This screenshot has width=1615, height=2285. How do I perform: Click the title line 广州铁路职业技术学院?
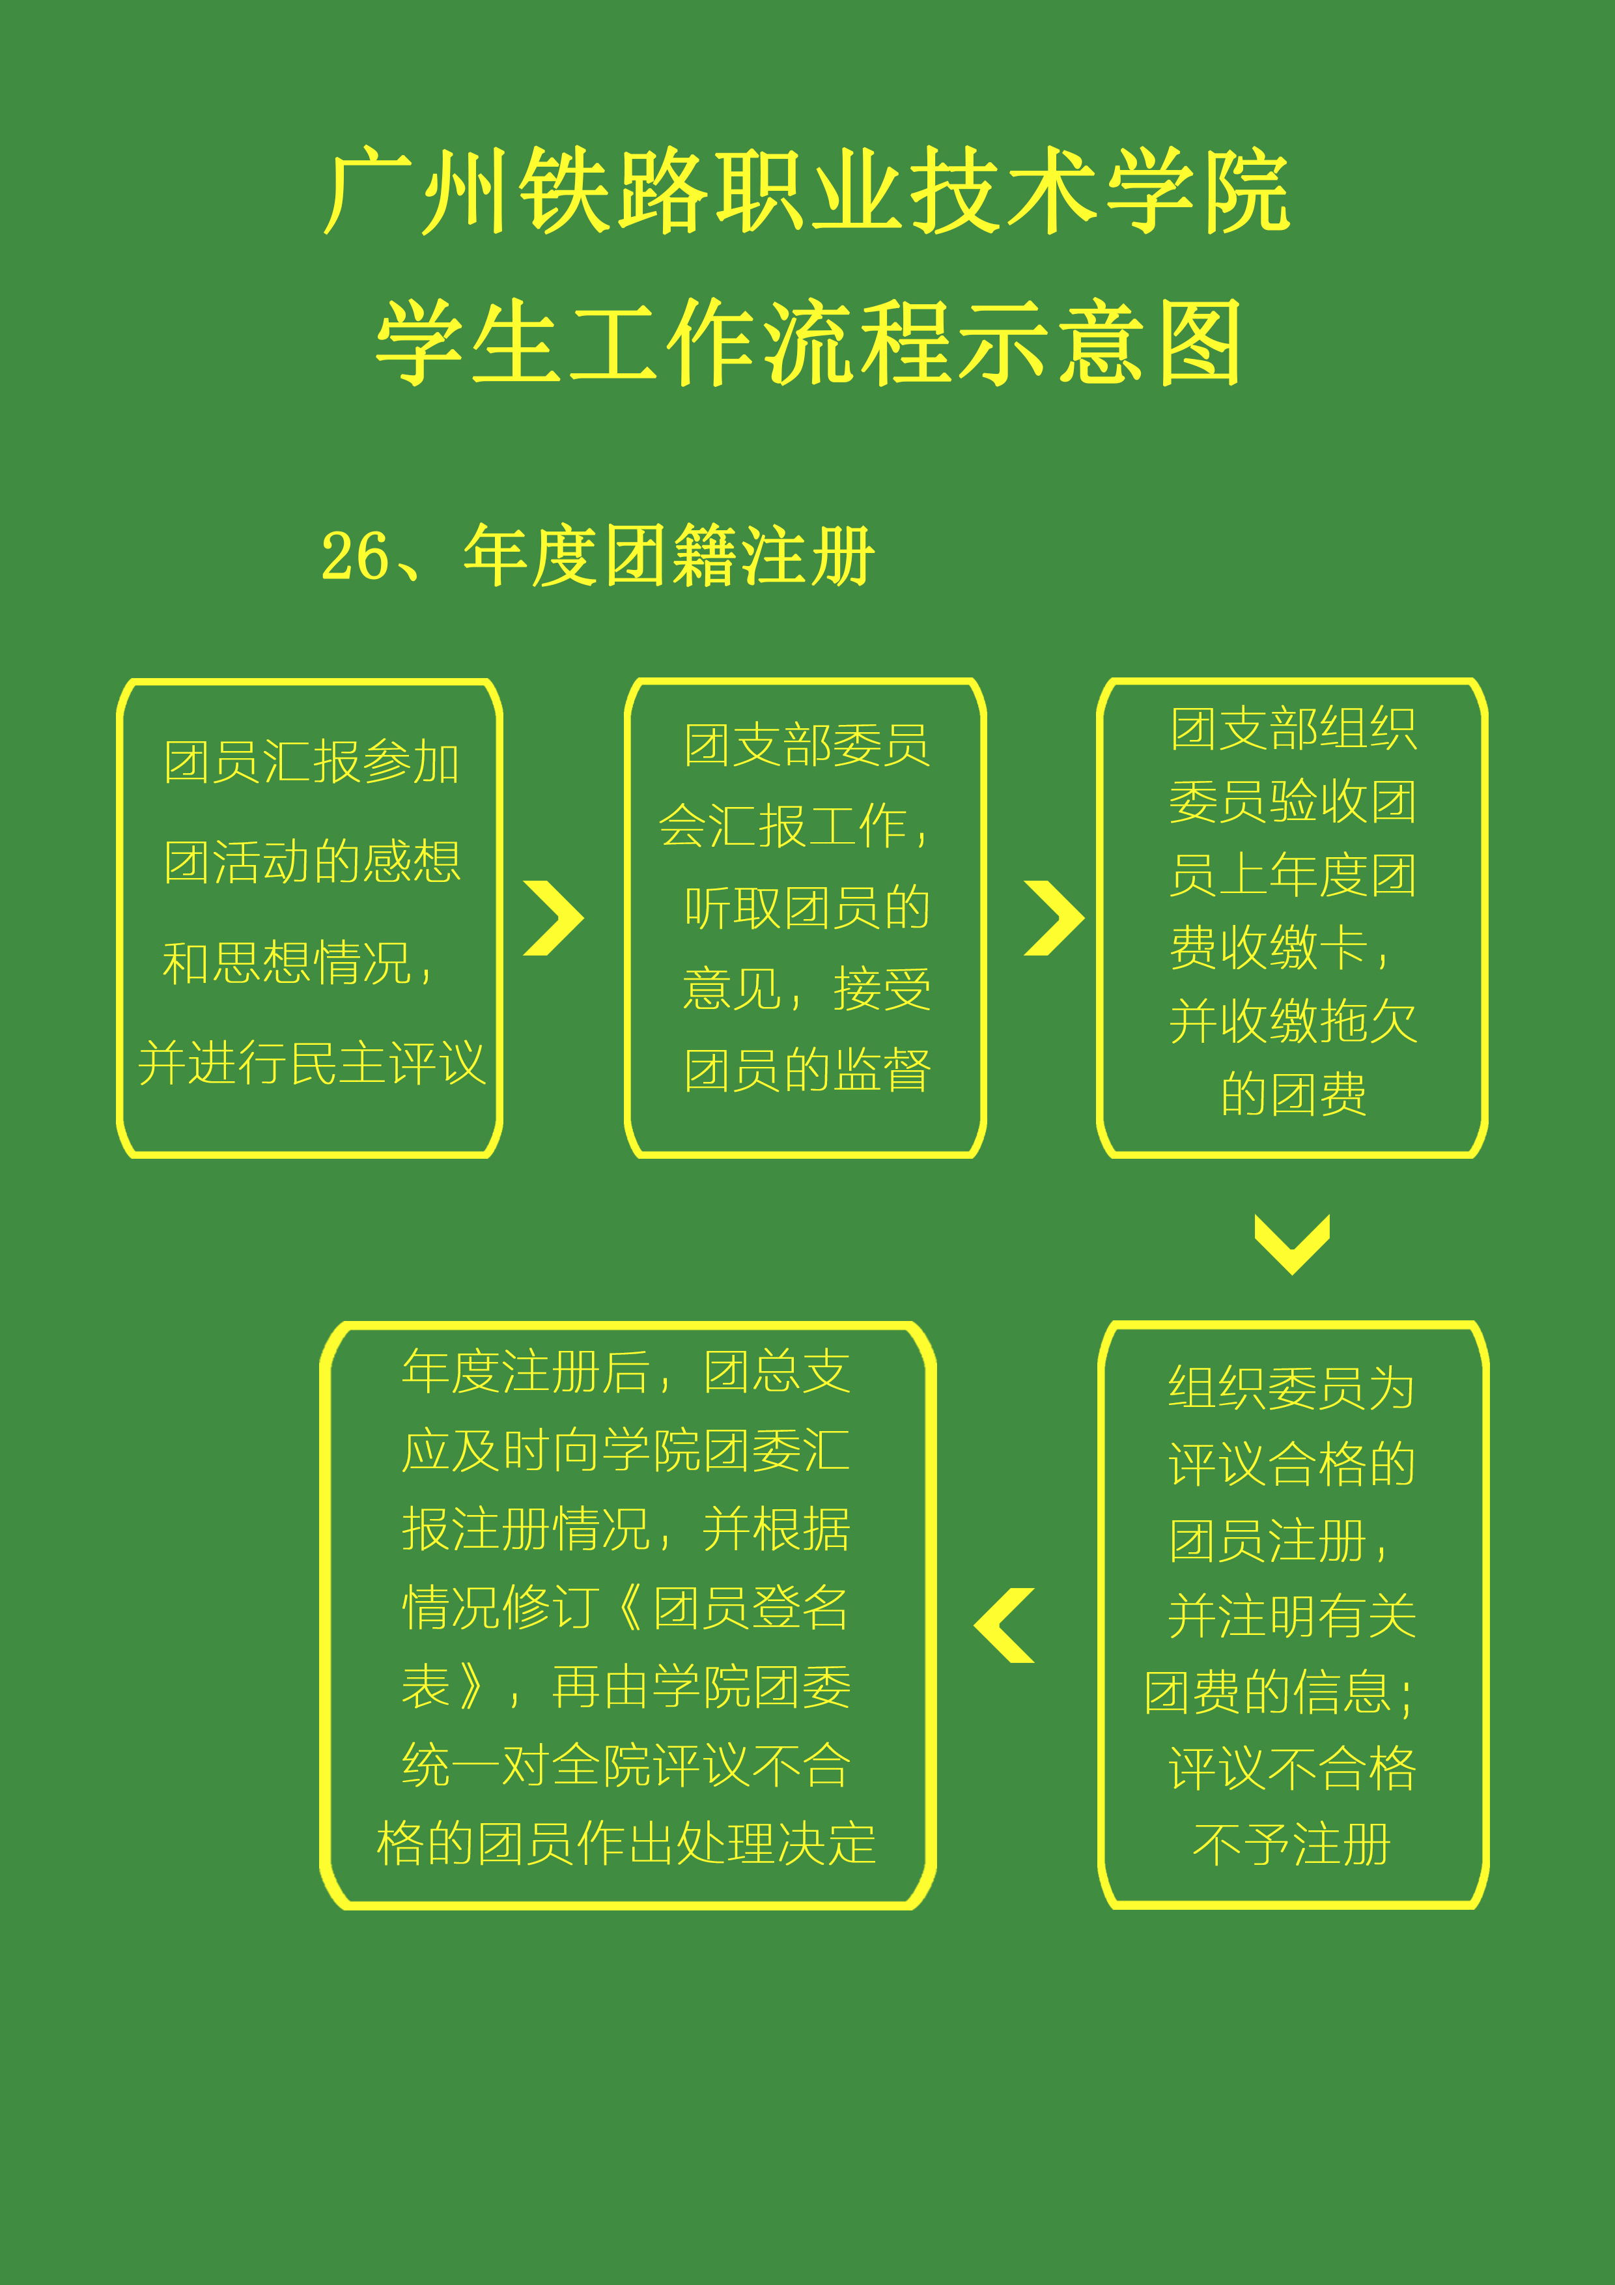click(807, 190)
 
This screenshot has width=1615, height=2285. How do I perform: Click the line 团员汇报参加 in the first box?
click(311, 762)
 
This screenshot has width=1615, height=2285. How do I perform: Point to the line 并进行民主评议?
click(311, 1063)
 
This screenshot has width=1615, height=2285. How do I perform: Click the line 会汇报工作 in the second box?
click(794, 826)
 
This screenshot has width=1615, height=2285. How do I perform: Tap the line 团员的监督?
click(807, 1071)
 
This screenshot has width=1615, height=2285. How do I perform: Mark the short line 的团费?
click(1293, 1094)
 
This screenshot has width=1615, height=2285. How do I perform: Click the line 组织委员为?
click(1291, 1387)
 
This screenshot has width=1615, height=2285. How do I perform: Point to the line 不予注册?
click(1291, 1844)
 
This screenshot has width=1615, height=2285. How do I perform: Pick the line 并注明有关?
click(1291, 1615)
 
